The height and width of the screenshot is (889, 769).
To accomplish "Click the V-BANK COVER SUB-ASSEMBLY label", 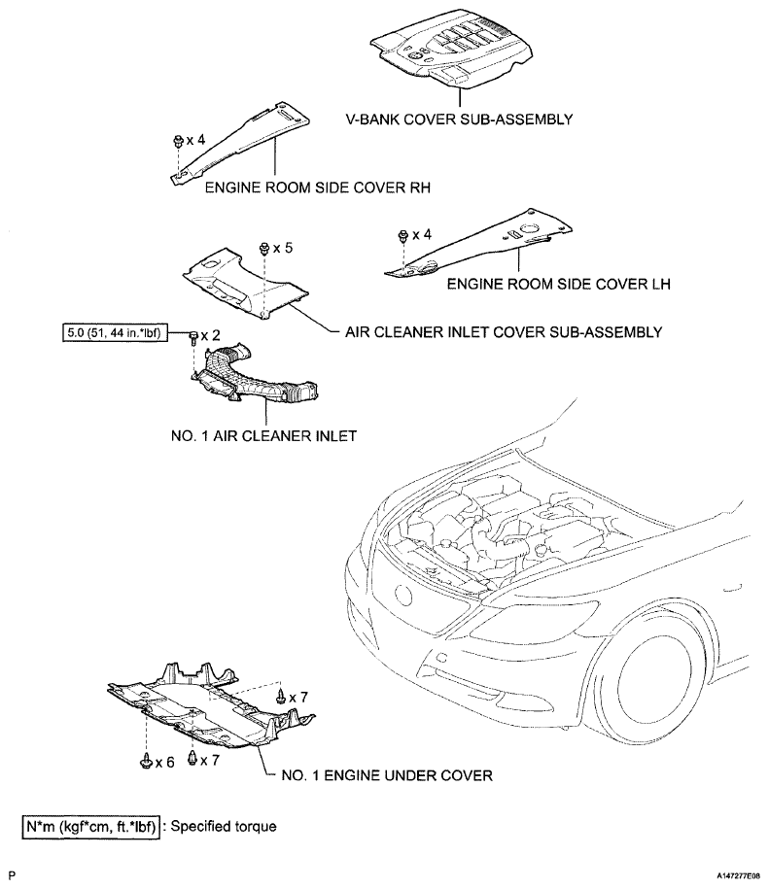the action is click(459, 120).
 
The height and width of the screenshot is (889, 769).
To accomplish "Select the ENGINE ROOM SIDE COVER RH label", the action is click(318, 188).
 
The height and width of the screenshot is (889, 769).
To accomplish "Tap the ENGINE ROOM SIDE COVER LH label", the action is click(559, 284).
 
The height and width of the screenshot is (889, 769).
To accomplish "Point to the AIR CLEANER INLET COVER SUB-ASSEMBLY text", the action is click(504, 332).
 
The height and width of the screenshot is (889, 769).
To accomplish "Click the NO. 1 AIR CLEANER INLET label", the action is click(263, 436).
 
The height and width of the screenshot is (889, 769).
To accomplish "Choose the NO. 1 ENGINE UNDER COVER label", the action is click(387, 775).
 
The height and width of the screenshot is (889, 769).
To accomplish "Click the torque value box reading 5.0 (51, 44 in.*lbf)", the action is click(115, 333).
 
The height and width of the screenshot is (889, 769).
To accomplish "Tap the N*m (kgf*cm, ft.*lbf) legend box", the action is click(90, 827).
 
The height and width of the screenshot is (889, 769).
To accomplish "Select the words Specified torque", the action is click(224, 826).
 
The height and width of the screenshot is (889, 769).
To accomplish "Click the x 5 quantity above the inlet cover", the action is click(283, 249).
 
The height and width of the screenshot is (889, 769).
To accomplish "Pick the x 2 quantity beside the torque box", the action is click(210, 335).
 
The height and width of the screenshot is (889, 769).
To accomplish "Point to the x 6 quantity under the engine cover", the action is click(164, 763).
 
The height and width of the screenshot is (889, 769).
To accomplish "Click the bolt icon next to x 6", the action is click(146, 761).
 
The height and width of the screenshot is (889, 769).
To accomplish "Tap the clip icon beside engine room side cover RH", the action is click(178, 141).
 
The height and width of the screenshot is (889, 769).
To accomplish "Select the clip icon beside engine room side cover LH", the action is click(403, 236).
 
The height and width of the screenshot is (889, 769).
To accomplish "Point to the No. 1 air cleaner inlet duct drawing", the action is click(254, 375).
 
